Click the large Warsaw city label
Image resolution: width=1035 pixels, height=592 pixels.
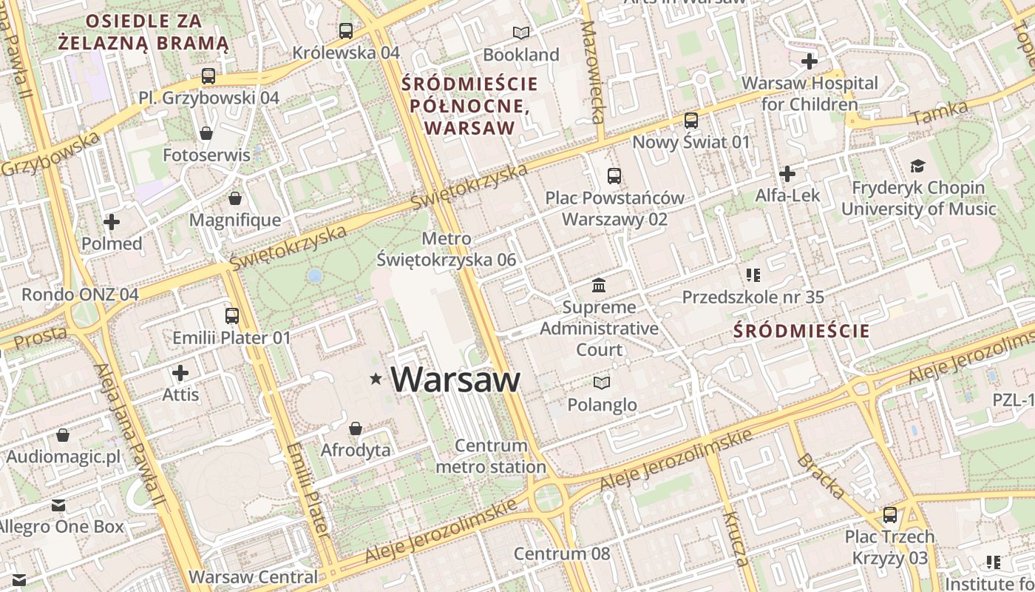coord(455,380)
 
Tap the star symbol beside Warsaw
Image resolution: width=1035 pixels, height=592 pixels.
coord(376,380)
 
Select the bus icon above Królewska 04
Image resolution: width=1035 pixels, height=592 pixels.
coord(345,31)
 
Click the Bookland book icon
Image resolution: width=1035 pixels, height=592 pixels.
coord(521,33)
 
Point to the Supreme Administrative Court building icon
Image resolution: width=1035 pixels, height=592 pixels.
coord(599,285)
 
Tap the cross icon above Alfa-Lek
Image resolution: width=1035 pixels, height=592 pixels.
coord(787,175)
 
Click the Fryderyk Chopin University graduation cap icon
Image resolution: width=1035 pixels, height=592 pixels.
coord(917,166)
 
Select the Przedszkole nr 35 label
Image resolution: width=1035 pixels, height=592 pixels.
coord(753,297)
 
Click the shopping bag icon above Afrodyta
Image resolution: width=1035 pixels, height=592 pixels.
coord(356,428)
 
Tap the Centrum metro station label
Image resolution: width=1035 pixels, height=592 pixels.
coord(491,457)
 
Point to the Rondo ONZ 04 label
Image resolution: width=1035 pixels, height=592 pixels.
coord(80,295)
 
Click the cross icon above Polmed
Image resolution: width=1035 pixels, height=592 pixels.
coord(112,222)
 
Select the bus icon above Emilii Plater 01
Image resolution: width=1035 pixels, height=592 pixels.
coord(232,316)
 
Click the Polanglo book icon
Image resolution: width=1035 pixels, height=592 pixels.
coord(602,383)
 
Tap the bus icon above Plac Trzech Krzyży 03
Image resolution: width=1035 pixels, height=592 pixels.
coord(890,515)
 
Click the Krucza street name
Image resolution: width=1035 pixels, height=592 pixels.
coord(736,538)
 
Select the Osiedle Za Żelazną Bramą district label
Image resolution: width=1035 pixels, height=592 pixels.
coord(143,32)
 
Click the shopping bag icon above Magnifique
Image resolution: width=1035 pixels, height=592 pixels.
coord(235,198)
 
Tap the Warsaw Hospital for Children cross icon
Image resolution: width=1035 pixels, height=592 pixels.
coord(810,61)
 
